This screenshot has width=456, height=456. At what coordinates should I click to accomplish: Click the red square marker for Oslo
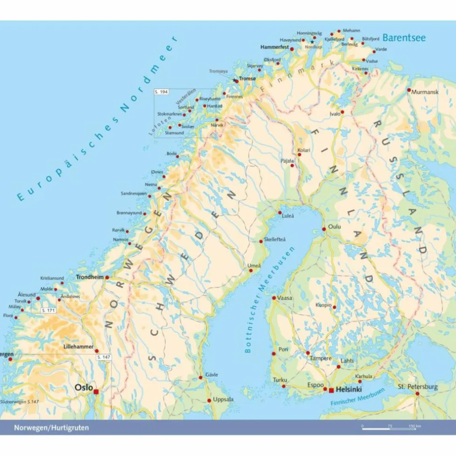(96, 392)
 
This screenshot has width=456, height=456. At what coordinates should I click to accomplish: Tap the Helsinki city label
(349, 390)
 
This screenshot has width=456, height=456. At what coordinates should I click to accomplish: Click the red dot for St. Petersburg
(417, 394)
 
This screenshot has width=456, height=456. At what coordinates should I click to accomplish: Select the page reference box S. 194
(161, 93)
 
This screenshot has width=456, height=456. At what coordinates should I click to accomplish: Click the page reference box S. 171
(48, 310)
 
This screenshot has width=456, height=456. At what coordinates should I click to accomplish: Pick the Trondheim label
(89, 277)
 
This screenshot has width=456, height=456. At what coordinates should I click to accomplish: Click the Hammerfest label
(274, 47)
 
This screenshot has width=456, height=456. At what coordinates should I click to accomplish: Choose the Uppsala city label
(223, 399)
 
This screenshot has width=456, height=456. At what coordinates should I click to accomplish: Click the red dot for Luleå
(280, 213)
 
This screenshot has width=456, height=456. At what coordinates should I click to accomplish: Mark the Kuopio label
(323, 305)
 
